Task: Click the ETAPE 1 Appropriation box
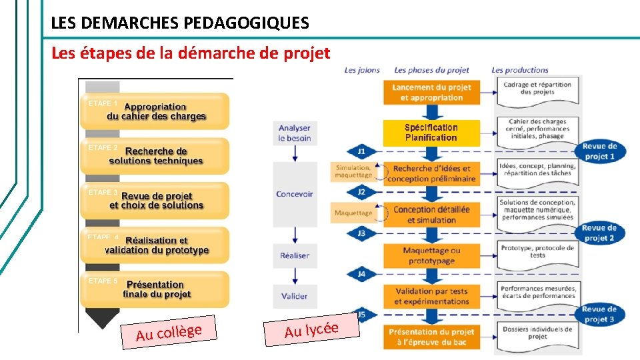(155, 111)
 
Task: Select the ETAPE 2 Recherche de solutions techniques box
(155, 155)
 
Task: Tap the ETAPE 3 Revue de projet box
(155, 200)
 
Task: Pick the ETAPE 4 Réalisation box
(155, 245)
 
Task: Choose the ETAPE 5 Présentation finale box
(155, 289)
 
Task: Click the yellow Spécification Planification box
(431, 133)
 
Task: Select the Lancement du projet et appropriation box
(431, 92)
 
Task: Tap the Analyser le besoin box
(294, 133)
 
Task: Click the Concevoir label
(294, 194)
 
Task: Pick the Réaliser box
(294, 255)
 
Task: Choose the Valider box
(294, 296)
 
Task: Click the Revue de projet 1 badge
(599, 151)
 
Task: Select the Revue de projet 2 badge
(599, 233)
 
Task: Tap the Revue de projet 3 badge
(599, 314)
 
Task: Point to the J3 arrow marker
(361, 233)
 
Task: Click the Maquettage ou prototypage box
(431, 255)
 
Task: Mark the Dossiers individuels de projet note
(537, 333)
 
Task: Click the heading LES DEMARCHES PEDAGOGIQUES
(180, 23)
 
